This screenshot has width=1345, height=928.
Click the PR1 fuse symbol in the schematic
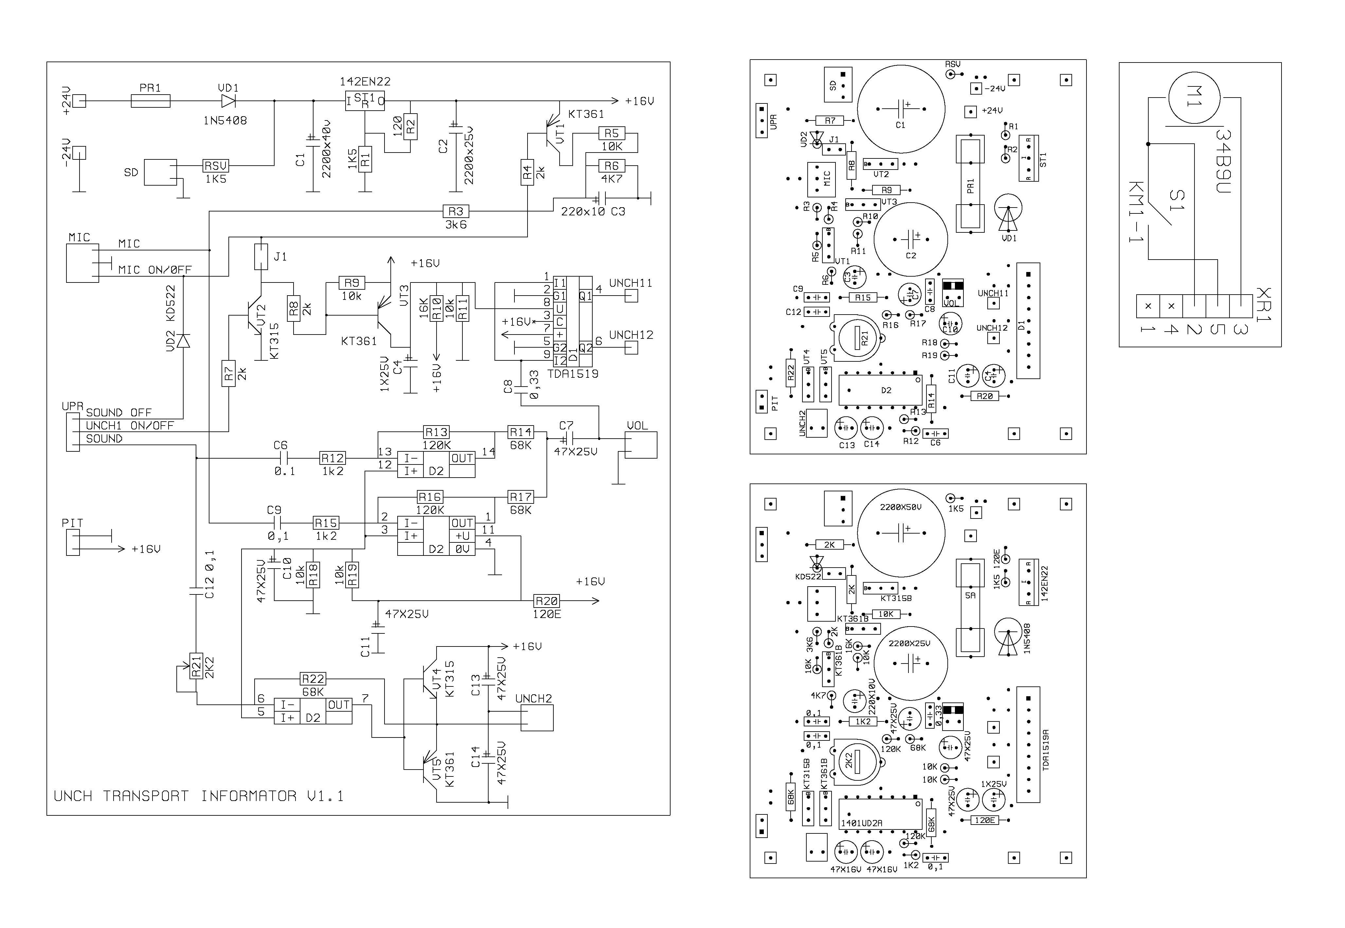pos(151,101)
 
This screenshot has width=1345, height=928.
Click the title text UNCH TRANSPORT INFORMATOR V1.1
pos(198,796)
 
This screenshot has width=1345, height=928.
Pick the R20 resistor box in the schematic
pos(547,601)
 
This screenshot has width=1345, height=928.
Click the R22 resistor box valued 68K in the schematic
pos(313,679)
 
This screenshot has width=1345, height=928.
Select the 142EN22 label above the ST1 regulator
pos(365,82)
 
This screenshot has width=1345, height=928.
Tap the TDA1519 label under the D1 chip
pos(573,374)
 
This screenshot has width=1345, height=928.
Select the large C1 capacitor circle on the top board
pos(900,109)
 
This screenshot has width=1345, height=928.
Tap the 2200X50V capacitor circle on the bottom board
pos(900,533)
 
